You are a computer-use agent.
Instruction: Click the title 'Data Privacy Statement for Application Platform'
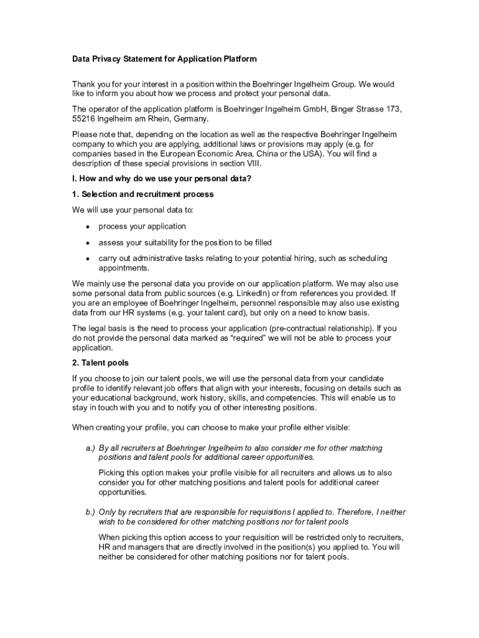pos(164,59)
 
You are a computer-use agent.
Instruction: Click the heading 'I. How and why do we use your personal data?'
pos(162,179)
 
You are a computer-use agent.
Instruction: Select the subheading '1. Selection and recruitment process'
pos(143,194)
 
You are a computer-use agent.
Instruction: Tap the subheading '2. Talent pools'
pos(100,363)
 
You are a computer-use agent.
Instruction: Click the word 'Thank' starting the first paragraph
pos(83,84)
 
